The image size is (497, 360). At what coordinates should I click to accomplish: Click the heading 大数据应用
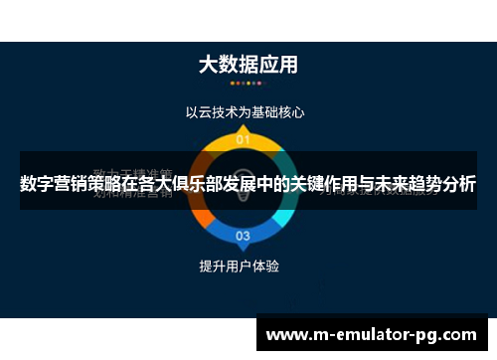tap(248, 65)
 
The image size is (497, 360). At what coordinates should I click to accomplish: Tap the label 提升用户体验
tap(240, 267)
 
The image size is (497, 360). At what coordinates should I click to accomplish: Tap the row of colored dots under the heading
tap(248, 87)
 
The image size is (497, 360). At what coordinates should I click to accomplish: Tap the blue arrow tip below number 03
tap(243, 250)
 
